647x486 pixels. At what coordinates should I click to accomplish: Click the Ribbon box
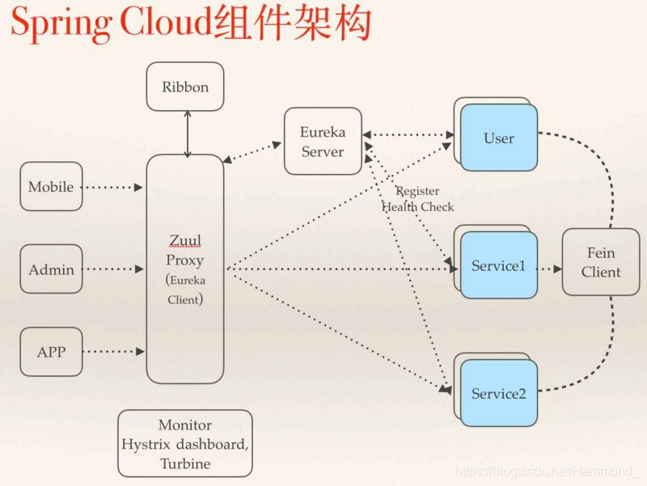[185, 87]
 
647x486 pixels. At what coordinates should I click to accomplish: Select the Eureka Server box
[323, 141]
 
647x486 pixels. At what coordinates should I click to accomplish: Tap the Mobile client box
[51, 187]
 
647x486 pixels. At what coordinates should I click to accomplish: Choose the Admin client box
[51, 270]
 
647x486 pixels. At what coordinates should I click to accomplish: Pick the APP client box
[51, 352]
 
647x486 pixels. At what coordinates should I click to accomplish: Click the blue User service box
[499, 137]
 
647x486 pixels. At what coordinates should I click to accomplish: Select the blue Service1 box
[499, 265]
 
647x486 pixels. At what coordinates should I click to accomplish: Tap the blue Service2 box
[499, 394]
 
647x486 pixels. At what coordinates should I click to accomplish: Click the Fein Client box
[601, 262]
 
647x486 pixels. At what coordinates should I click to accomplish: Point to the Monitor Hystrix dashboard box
[185, 443]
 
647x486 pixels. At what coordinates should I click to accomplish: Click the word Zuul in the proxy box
[184, 240]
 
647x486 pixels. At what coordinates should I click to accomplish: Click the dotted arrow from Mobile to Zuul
[113, 188]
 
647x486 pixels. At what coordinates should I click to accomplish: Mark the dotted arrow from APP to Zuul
[113, 352]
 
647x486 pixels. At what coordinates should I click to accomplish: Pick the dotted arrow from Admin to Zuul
[113, 270]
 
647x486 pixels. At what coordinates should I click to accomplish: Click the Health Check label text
[418, 207]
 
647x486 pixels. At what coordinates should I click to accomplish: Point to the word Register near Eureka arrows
[417, 192]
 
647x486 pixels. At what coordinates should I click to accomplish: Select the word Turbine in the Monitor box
[185, 463]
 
